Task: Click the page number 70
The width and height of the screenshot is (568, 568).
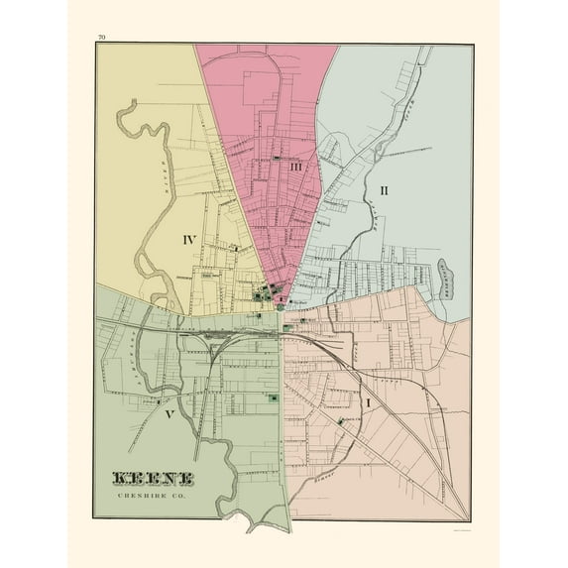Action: (102, 38)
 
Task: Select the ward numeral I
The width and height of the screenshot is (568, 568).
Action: (369, 403)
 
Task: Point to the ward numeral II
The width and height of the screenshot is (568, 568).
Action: (384, 187)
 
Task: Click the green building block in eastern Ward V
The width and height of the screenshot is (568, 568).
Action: (272, 398)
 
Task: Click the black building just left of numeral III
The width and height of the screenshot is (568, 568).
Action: (280, 158)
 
